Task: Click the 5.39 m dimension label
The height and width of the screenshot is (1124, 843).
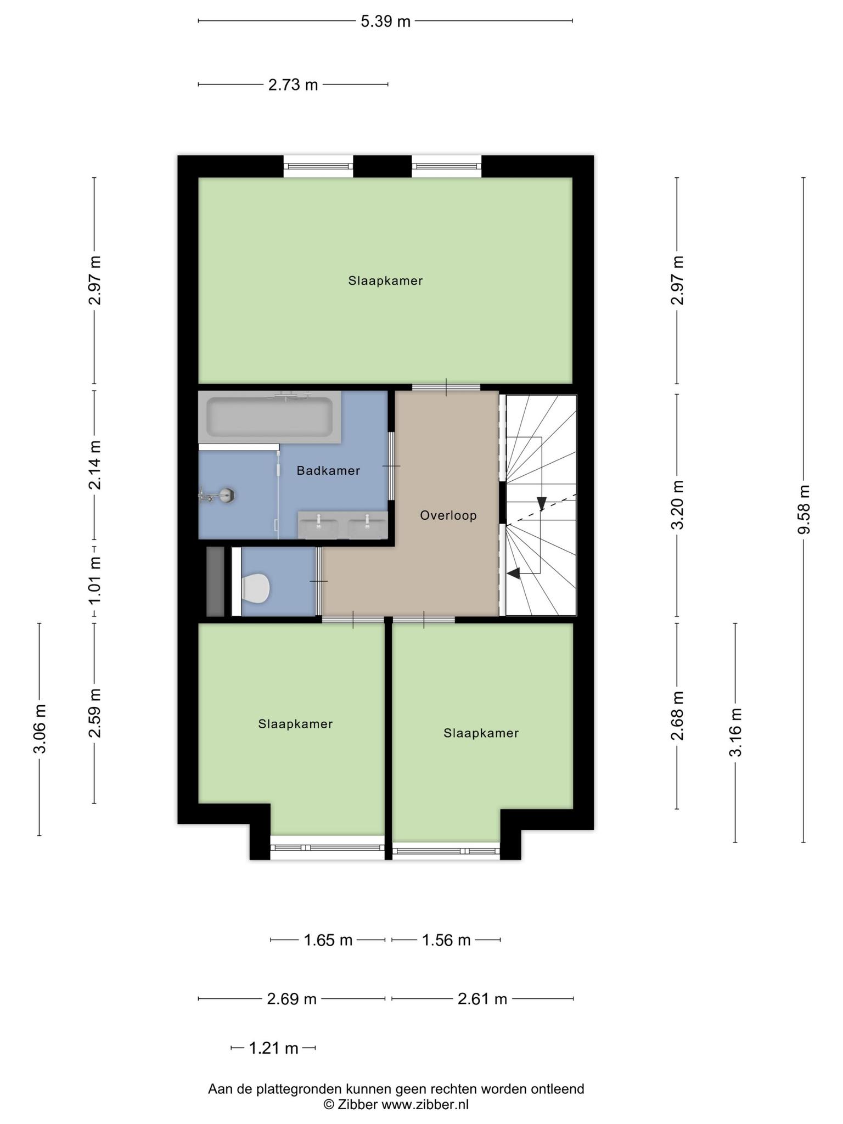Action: [385, 21]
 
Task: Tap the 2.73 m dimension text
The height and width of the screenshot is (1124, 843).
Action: [293, 85]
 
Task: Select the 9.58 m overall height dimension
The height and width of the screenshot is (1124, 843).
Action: [803, 509]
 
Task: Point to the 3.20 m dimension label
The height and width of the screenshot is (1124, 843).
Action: [678, 504]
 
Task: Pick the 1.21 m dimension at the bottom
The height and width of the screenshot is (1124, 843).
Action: [273, 1049]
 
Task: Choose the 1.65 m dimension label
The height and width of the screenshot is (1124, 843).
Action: [328, 940]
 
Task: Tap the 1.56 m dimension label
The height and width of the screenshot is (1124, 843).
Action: [446, 940]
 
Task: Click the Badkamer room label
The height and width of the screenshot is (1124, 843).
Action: [328, 470]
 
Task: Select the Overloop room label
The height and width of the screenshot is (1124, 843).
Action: [448, 515]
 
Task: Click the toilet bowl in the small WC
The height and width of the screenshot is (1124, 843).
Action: [255, 587]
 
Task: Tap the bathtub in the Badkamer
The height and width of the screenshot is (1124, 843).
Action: [269, 417]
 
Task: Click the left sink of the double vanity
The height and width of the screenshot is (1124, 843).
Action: [318, 526]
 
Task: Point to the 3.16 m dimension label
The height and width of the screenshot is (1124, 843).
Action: [736, 733]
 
